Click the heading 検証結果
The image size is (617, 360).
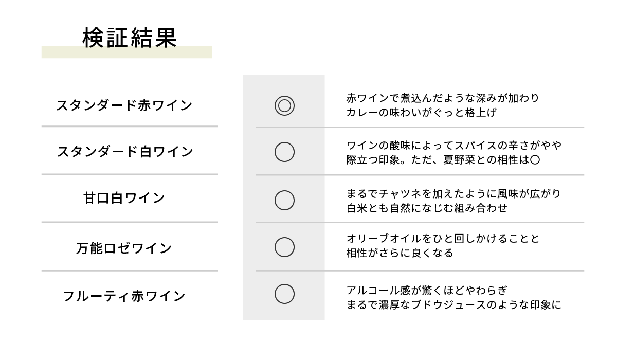click(x=130, y=38)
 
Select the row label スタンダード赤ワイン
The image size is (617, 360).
click(x=124, y=105)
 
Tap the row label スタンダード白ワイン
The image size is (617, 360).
click(x=125, y=152)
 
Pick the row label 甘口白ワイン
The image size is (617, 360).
click(x=124, y=198)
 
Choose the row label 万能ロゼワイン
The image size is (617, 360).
click(x=124, y=248)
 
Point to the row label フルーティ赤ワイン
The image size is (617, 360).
click(x=124, y=296)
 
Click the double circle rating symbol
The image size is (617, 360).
click(x=284, y=96)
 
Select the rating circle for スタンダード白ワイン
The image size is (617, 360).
click(x=284, y=142)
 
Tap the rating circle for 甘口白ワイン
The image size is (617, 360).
click(x=284, y=191)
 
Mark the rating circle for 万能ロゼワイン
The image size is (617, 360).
click(x=284, y=238)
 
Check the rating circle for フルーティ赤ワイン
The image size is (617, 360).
click(x=284, y=284)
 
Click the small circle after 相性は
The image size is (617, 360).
click(x=535, y=155)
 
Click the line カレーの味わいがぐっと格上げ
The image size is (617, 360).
click(x=422, y=113)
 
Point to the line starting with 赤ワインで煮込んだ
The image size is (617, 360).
click(x=442, y=98)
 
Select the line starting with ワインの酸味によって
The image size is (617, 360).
click(x=453, y=145)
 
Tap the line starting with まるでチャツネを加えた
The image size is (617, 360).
click(x=453, y=194)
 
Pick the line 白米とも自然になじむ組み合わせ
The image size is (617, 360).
click(x=427, y=208)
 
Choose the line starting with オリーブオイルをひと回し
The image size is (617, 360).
click(x=443, y=239)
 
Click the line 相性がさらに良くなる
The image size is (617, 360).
click(x=400, y=253)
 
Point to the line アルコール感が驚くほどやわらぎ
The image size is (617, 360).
click(x=427, y=290)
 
